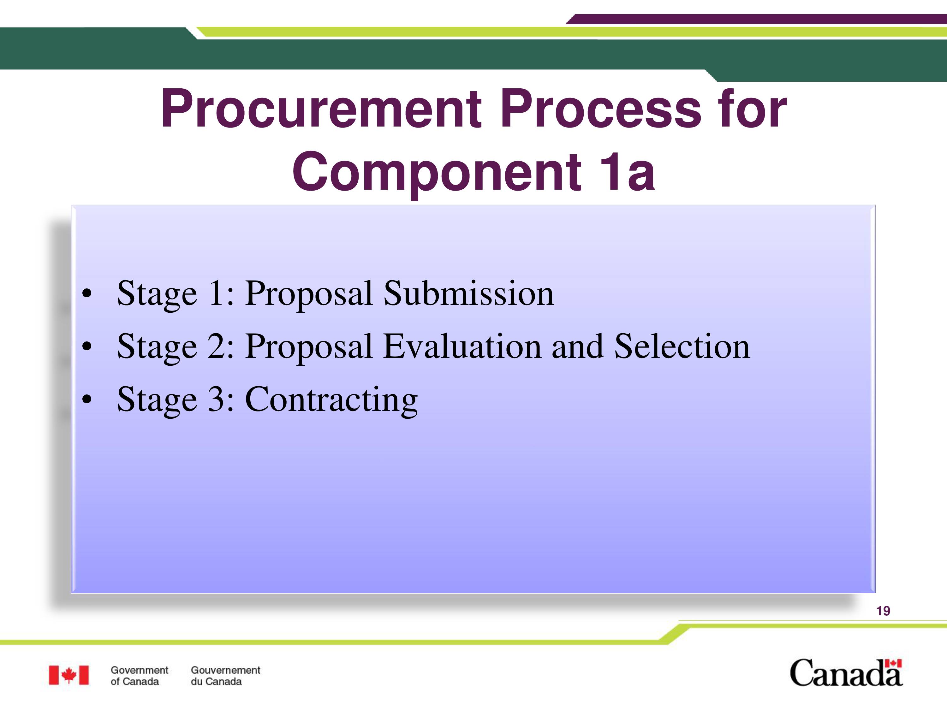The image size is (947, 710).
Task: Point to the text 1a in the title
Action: (627, 171)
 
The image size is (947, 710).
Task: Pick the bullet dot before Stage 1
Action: (87, 294)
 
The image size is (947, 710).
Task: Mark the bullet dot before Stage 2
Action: (87, 347)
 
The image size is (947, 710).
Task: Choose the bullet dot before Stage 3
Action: (87, 400)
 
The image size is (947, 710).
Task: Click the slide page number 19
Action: (883, 611)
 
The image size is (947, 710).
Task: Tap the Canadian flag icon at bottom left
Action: (68, 675)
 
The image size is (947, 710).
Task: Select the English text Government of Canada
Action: (139, 676)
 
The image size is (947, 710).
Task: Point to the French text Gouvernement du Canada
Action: (225, 676)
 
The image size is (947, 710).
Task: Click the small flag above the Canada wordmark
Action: (894, 663)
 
